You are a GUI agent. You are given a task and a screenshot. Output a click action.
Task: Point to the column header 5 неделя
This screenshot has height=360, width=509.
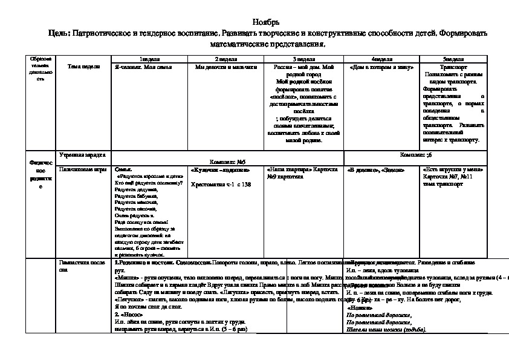[x=453, y=59]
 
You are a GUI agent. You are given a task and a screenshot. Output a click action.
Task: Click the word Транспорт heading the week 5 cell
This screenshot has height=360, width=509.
[x=453, y=67]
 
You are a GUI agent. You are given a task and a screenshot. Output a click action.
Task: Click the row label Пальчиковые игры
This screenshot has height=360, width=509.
[x=78, y=170]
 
